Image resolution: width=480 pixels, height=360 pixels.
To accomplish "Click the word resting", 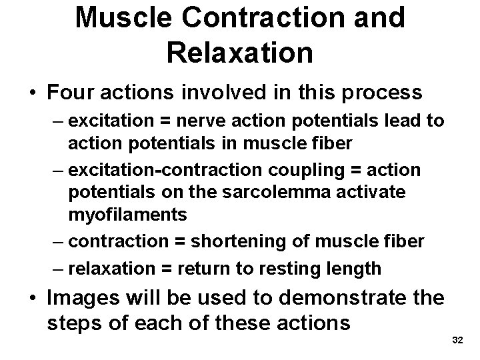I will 302,268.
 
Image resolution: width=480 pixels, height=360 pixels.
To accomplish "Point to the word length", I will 356,268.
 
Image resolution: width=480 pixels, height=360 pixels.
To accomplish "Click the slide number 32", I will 457,341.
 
